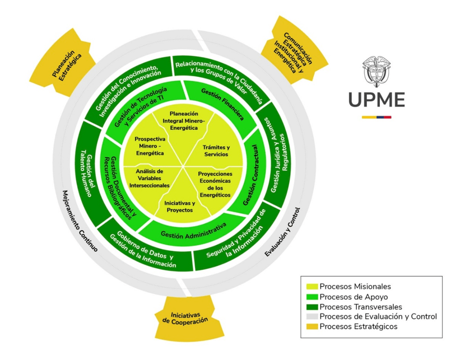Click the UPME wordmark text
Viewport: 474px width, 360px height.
click(377, 100)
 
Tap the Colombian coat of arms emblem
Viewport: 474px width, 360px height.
click(377, 71)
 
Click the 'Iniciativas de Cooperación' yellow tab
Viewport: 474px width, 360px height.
click(185, 319)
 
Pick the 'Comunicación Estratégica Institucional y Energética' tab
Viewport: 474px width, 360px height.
click(293, 52)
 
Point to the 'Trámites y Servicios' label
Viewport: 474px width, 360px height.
click(216, 151)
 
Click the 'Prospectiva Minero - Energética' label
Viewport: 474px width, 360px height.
click(150, 146)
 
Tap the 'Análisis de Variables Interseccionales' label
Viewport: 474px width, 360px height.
click(150, 179)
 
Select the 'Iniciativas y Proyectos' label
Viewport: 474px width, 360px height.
click(179, 207)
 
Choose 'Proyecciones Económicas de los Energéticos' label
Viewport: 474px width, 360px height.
click(215, 184)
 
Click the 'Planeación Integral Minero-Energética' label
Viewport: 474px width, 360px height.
click(184, 121)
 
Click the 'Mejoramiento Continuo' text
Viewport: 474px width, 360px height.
click(80, 221)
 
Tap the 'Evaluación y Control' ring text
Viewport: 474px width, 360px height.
click(282, 232)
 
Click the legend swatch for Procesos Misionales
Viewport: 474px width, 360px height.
click(312, 286)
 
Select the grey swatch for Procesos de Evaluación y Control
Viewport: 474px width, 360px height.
click(312, 316)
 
